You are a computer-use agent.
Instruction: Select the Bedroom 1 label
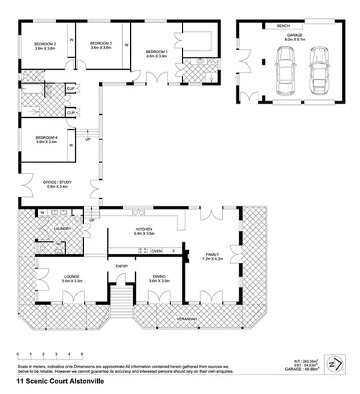pos(157,52)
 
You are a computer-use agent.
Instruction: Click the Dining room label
pos(159,277)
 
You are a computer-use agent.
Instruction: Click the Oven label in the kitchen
pos(156,251)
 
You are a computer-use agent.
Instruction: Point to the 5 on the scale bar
pos(82,354)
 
